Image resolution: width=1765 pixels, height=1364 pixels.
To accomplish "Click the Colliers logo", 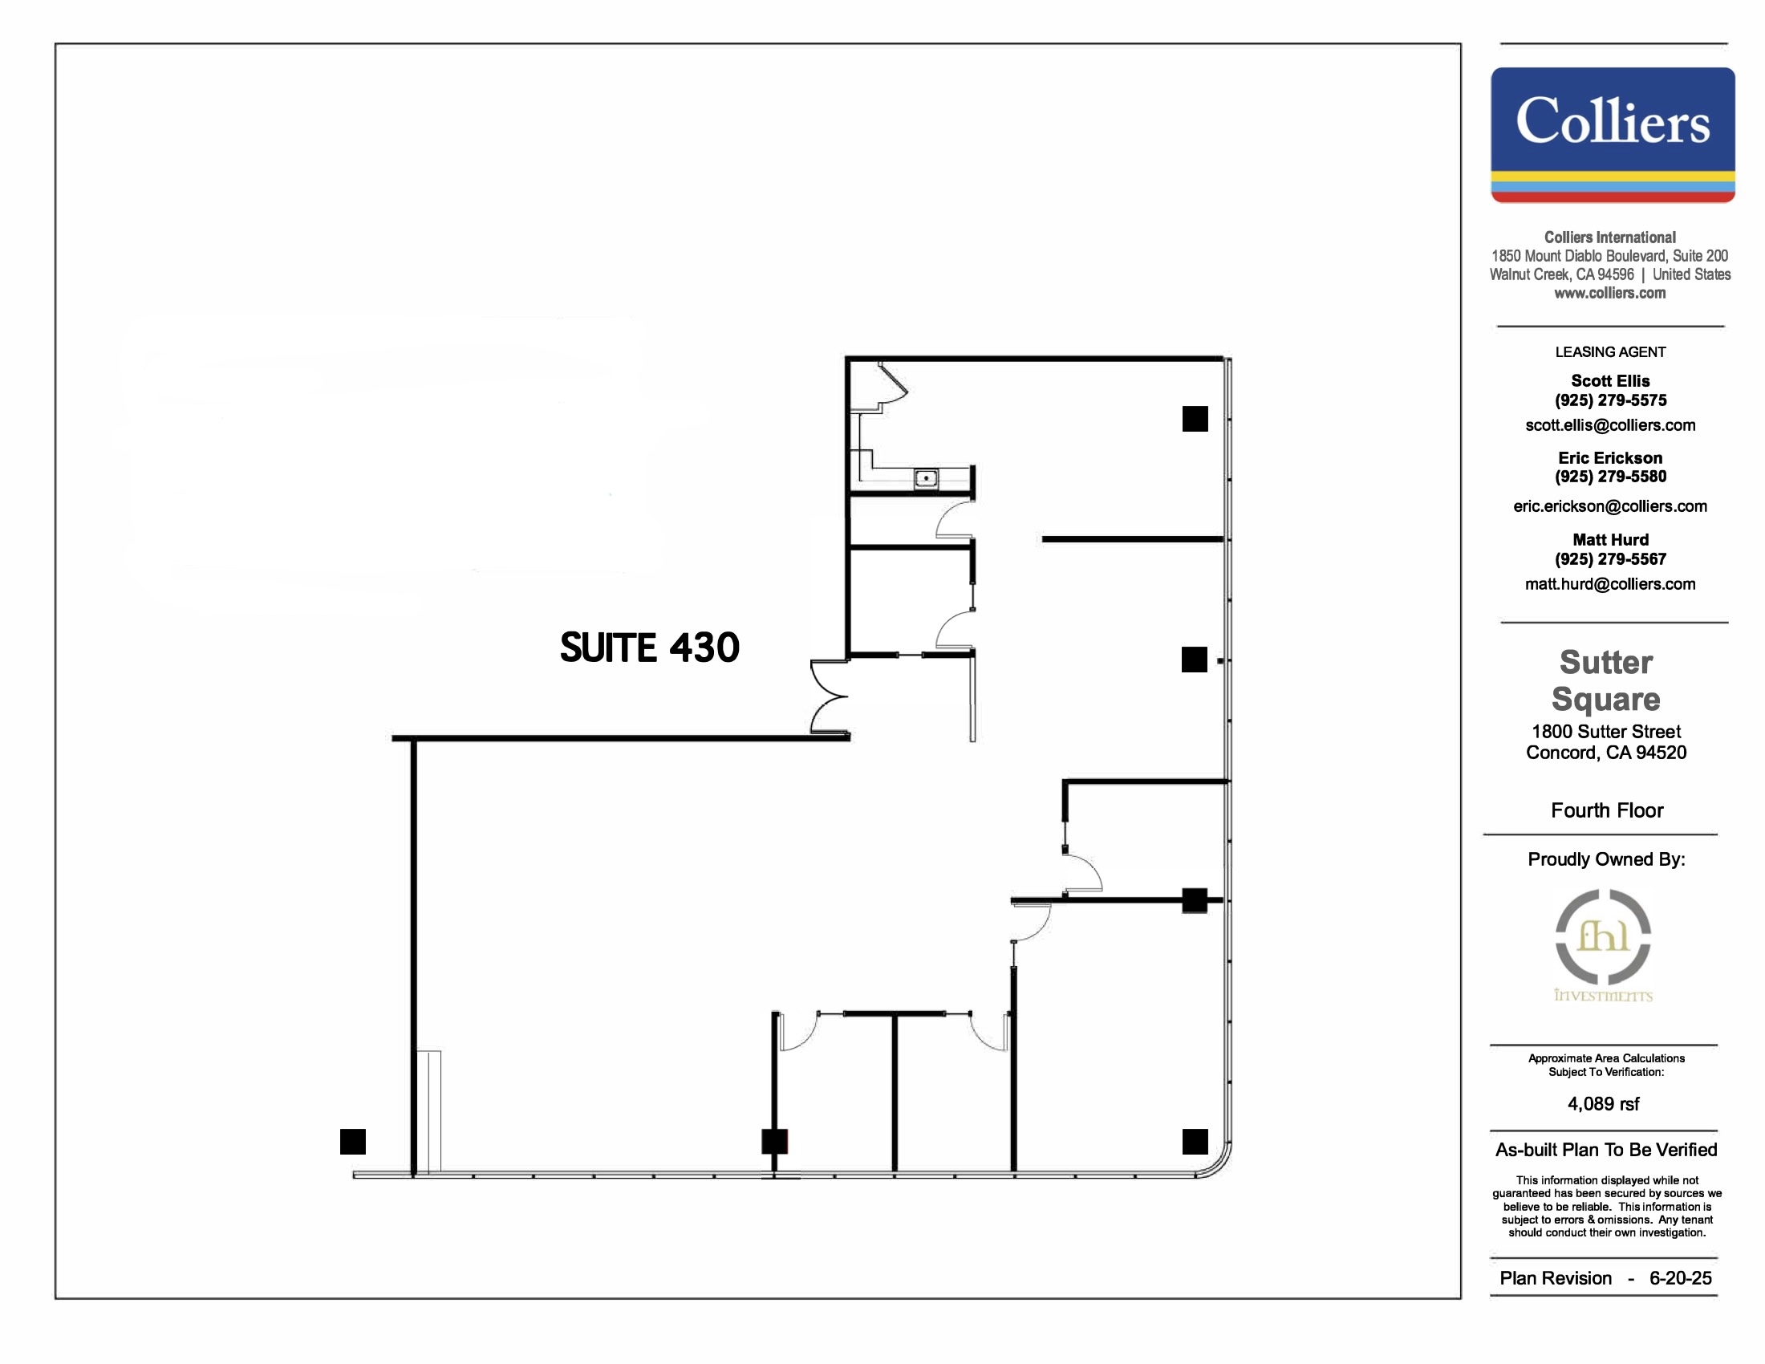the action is pos(1613,134).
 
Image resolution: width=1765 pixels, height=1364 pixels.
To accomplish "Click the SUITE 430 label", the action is pos(650,648).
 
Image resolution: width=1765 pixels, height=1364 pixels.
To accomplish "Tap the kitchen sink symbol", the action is pos(925,478).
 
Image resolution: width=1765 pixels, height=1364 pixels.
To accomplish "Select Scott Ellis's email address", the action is pos(1610,425).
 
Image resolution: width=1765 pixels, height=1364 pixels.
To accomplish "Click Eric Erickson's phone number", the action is pos(1610,477).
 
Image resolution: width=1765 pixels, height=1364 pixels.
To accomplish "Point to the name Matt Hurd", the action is pos(1610,540).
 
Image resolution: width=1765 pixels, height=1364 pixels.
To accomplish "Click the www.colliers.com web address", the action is pos(1610,294).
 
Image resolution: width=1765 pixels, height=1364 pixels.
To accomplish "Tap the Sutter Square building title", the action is pos(1606,680).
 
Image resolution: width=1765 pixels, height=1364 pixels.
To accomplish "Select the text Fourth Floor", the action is pos(1607,810).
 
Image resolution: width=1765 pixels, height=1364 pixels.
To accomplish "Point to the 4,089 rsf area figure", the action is pos(1604,1104).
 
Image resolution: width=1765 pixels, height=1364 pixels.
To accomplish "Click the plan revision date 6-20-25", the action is pos(1680,1278).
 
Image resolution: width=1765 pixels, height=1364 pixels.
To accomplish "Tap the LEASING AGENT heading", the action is pos(1610,352).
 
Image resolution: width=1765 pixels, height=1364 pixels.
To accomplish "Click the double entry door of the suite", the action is pos(830,696).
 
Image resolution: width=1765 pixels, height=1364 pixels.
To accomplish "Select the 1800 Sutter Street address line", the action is pos(1606,731).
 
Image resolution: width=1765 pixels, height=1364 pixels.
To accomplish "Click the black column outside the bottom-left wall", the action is pos(353,1141).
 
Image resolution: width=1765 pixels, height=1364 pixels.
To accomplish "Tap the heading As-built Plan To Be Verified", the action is pos(1606,1150).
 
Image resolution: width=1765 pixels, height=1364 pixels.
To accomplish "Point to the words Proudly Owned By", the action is pos(1606,860).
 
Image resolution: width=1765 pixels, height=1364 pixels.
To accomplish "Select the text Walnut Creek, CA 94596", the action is pos(1561,274).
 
